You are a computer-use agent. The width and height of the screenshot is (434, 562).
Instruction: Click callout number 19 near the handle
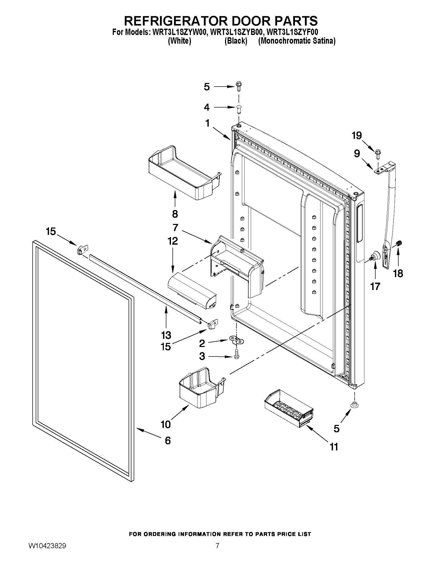pyautogui.click(x=357, y=135)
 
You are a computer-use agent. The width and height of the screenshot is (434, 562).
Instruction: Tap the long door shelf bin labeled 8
pyautogui.click(x=185, y=173)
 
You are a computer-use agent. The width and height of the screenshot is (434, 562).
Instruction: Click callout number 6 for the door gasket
pyautogui.click(x=168, y=441)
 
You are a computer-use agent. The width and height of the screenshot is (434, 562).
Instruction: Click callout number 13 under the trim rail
pyautogui.click(x=166, y=335)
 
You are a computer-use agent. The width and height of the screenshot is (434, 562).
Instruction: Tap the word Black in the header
pyautogui.click(x=236, y=41)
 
